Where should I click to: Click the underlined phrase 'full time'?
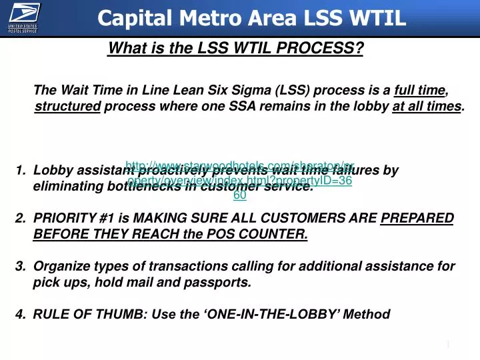click(x=419, y=91)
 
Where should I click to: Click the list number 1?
click(x=19, y=171)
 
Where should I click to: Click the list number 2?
click(x=19, y=219)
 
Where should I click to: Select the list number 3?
click(x=19, y=267)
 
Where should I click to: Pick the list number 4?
click(x=19, y=315)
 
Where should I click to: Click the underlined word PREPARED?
click(x=417, y=219)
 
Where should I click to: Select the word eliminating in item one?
click(x=64, y=187)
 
